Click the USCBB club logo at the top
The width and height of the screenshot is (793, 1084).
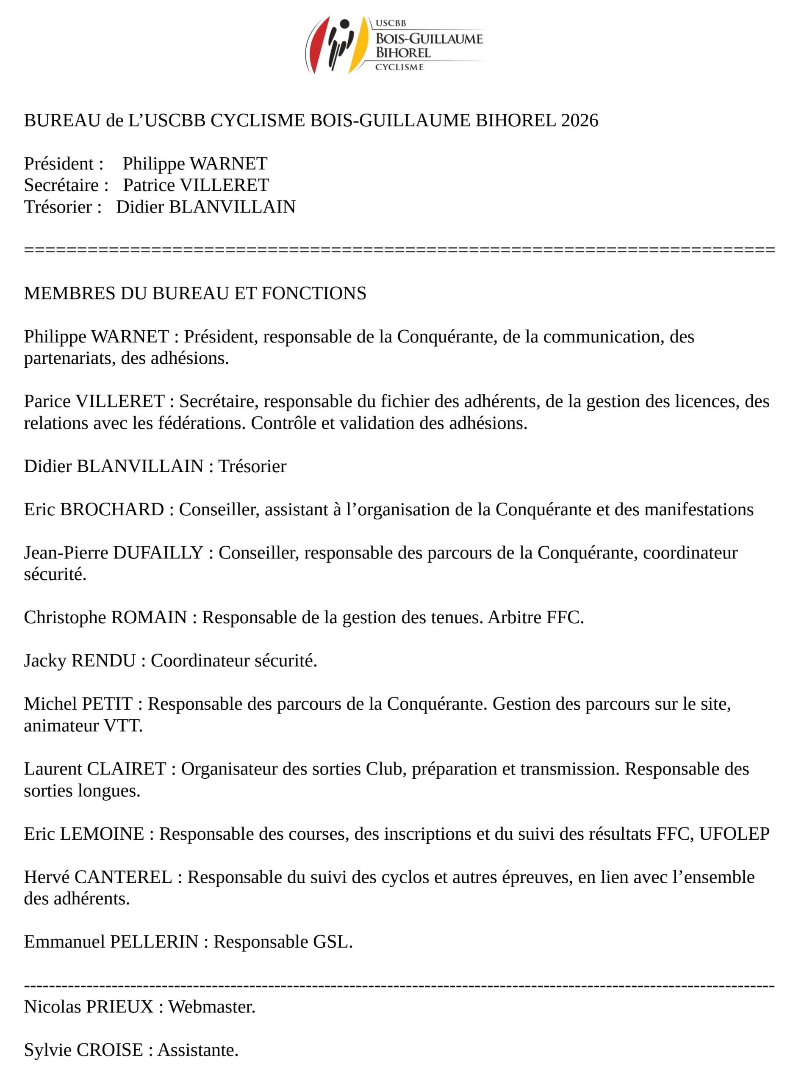(394, 45)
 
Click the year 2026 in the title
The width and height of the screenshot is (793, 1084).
(579, 120)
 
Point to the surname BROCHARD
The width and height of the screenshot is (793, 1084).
(112, 509)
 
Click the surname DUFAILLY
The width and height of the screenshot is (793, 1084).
(158, 553)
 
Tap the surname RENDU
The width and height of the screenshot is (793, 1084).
(103, 661)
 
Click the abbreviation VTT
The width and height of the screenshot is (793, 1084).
(123, 725)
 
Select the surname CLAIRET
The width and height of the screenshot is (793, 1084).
(126, 769)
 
